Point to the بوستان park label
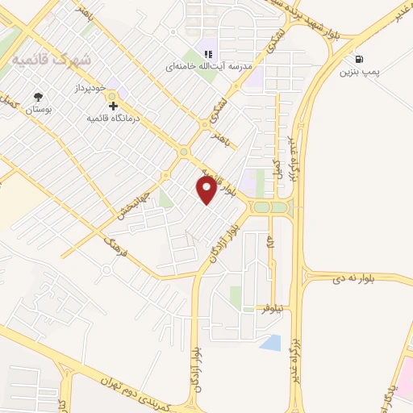point(38,110)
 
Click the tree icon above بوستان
point(38,96)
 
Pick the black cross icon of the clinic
point(114,106)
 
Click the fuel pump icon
point(357,59)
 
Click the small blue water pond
point(271,343)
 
